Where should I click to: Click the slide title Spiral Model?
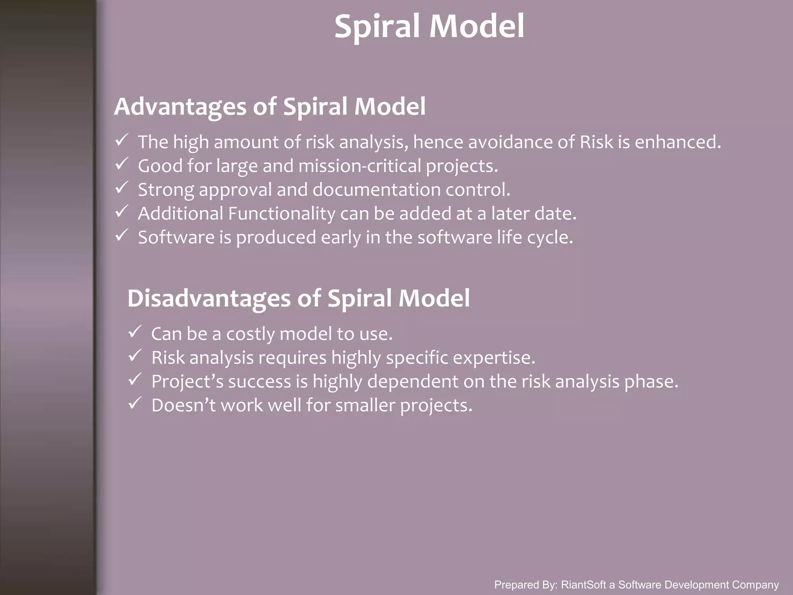429,26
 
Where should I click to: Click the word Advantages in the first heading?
180,107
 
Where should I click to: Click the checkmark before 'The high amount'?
122,140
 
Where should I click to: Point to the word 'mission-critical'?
359,166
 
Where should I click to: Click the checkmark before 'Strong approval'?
122,187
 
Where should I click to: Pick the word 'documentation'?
376,190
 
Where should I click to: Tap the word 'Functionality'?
281,214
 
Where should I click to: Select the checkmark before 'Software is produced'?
122,235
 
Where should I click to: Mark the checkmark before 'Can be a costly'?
135,332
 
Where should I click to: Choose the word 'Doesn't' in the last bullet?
183,406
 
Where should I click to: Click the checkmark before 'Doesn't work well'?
135,403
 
